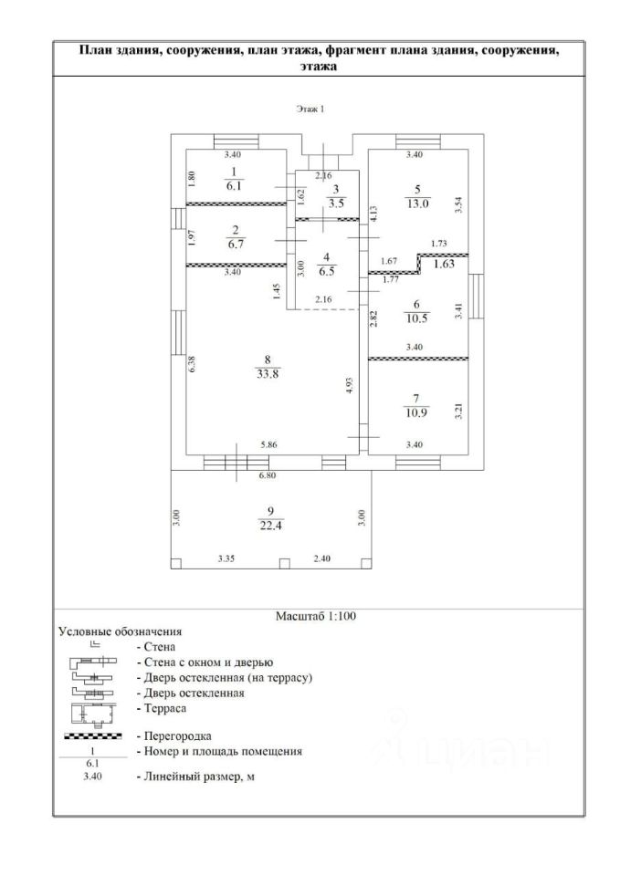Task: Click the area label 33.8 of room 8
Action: point(268,374)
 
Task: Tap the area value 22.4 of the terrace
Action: point(270,526)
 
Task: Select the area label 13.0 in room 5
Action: point(417,203)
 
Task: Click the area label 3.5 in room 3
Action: point(337,203)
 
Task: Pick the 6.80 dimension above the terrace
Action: point(266,476)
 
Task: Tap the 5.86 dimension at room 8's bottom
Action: point(268,444)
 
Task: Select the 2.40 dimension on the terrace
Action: point(322,558)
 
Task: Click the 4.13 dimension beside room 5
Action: point(374,215)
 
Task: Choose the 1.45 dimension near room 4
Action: point(278,292)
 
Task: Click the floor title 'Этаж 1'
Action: point(310,109)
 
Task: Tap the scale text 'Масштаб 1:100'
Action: point(316,616)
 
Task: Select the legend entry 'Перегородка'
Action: point(178,735)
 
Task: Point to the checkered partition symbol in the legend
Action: point(93,736)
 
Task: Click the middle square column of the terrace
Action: point(285,564)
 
